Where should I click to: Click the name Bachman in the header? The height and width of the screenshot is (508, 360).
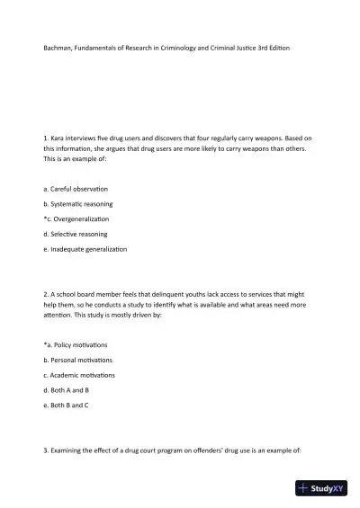click(x=58, y=46)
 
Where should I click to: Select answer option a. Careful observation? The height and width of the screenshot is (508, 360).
click(x=76, y=188)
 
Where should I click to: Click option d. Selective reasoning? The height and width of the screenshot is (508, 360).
click(x=76, y=234)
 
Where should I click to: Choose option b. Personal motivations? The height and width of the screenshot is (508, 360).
click(x=78, y=360)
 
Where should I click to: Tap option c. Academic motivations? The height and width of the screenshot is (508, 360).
click(x=79, y=375)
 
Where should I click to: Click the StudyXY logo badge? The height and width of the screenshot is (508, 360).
click(x=321, y=489)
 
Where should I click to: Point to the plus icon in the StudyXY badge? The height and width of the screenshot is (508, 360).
click(x=304, y=489)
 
